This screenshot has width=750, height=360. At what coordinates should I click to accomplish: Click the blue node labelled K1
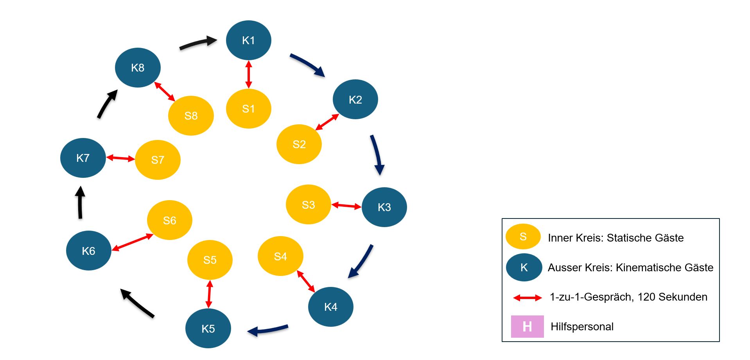click(x=248, y=40)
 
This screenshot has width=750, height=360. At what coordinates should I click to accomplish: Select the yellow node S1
click(x=248, y=109)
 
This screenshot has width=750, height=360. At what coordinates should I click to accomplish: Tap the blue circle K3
click(x=384, y=207)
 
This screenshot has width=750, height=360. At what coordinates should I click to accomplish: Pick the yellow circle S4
click(x=280, y=256)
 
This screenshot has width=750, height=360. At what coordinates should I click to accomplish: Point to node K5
click(x=208, y=328)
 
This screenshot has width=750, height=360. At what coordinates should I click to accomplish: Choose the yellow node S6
click(x=169, y=220)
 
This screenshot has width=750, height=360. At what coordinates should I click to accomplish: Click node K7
click(x=83, y=158)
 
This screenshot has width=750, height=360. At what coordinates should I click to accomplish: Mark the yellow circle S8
click(x=191, y=116)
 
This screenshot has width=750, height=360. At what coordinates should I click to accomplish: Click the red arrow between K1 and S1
click(x=248, y=74)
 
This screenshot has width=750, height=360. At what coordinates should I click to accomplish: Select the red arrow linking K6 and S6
click(x=132, y=242)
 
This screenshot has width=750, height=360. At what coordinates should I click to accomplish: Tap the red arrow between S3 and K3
click(x=346, y=206)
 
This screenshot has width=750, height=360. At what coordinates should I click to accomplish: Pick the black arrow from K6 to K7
click(x=80, y=202)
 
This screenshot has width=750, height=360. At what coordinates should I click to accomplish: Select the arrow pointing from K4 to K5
click(x=268, y=330)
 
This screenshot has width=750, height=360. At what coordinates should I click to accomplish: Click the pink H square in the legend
click(x=527, y=326)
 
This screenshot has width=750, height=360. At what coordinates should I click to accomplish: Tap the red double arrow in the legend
click(x=528, y=298)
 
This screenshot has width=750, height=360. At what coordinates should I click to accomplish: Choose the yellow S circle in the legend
click(x=523, y=236)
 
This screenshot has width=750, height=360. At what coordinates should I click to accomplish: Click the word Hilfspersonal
click(x=582, y=326)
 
